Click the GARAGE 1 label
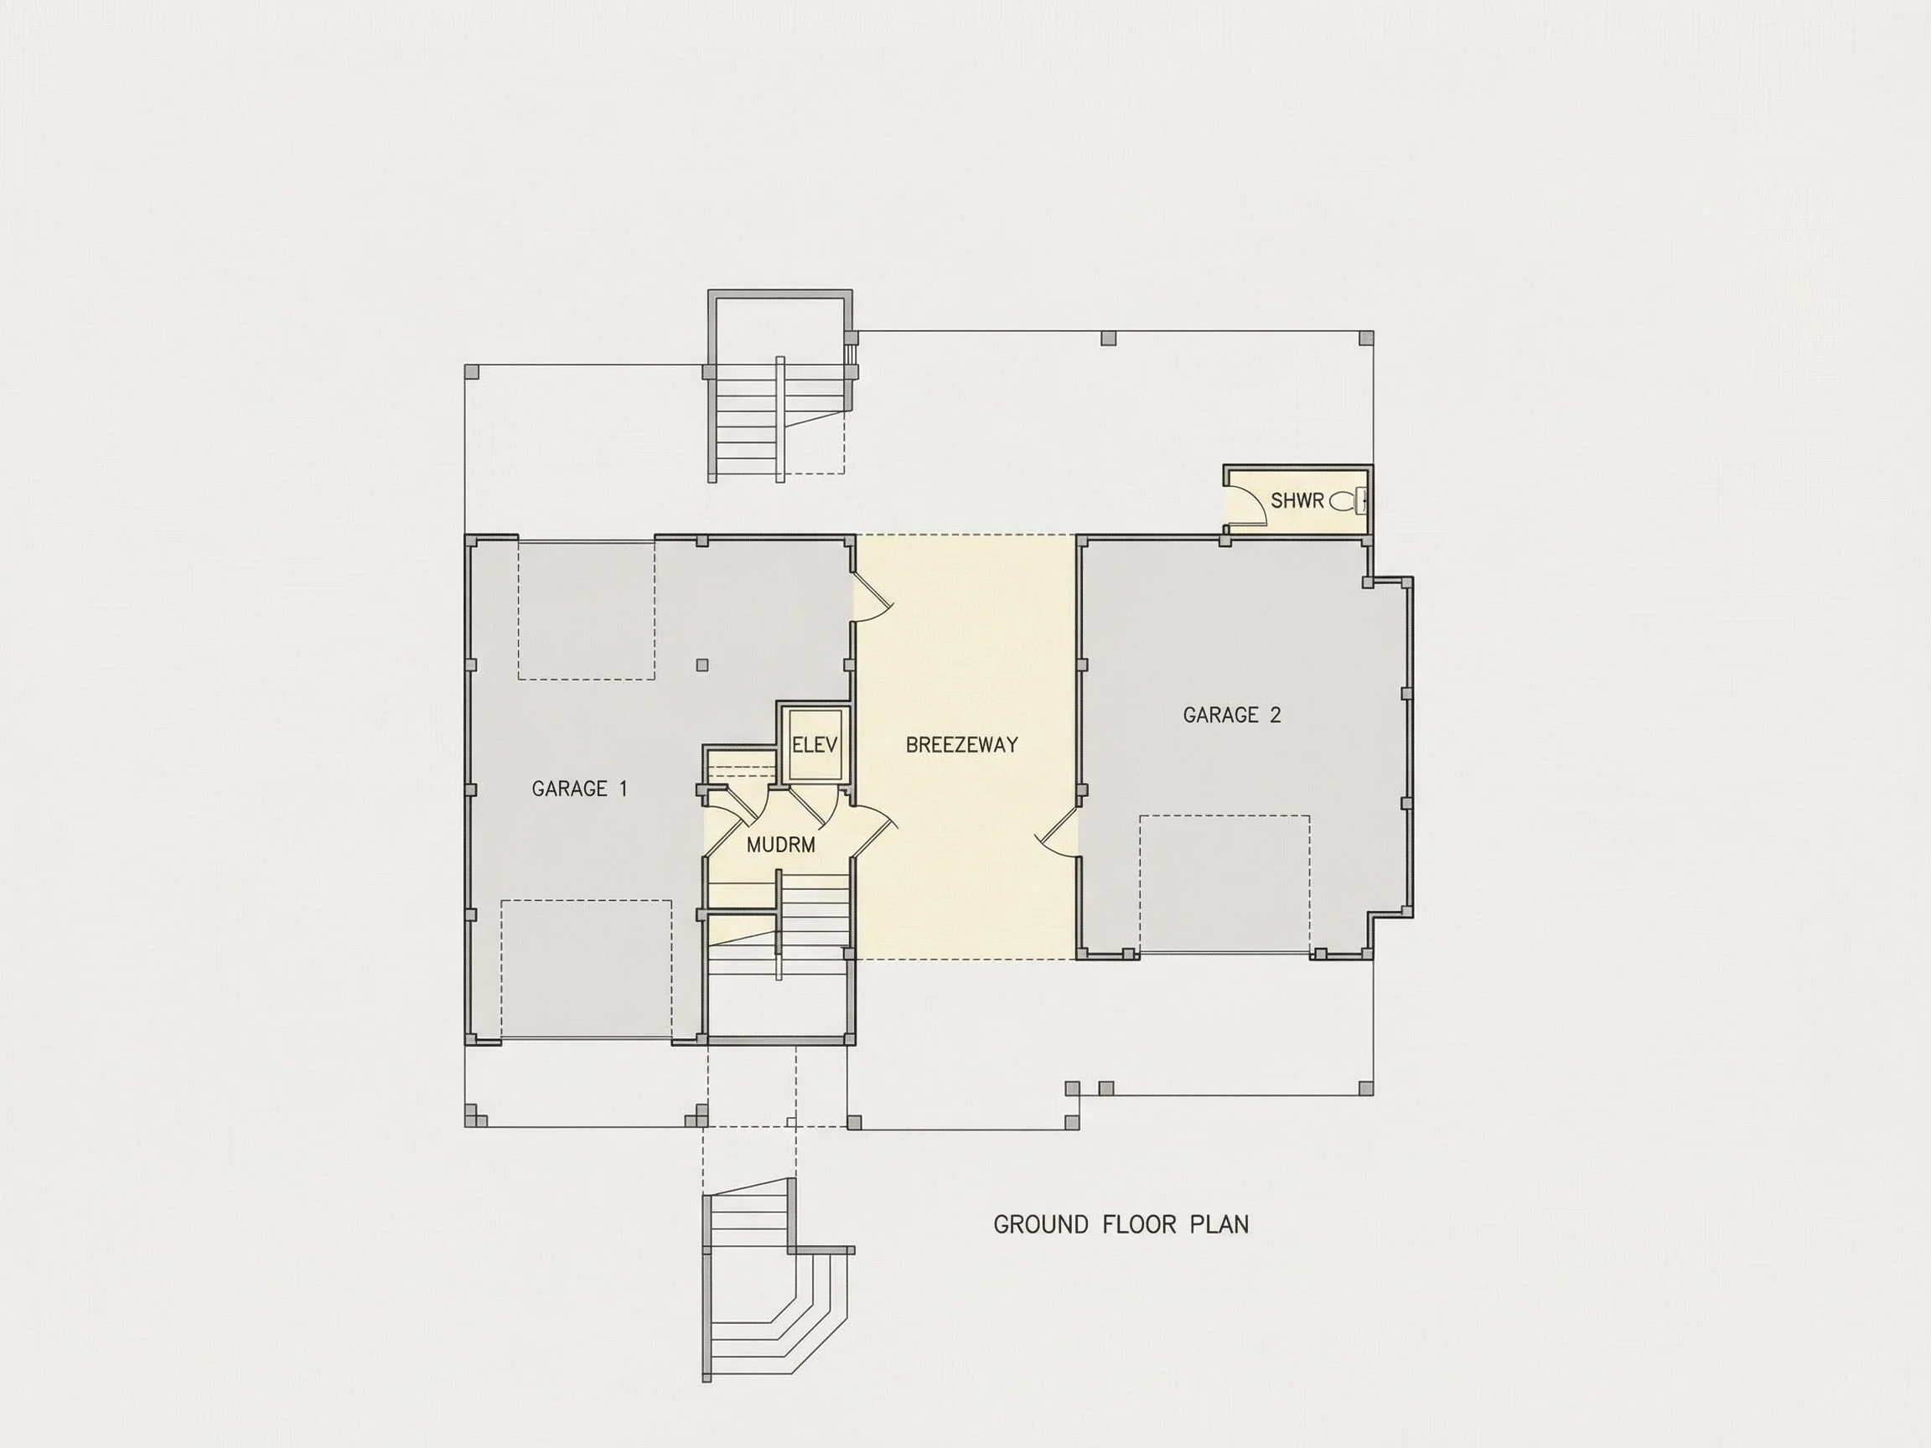point(580,789)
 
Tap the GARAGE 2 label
point(1232,715)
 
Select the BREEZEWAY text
point(962,744)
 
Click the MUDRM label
point(781,845)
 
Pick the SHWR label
point(1297,500)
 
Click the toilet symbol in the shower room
point(1348,501)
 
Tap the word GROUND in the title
point(1042,1224)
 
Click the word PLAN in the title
point(1219,1224)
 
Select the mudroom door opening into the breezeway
point(873,830)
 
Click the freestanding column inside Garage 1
point(701,665)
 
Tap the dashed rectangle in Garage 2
point(1224,884)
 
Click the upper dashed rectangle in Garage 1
point(587,610)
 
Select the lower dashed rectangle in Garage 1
point(587,970)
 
